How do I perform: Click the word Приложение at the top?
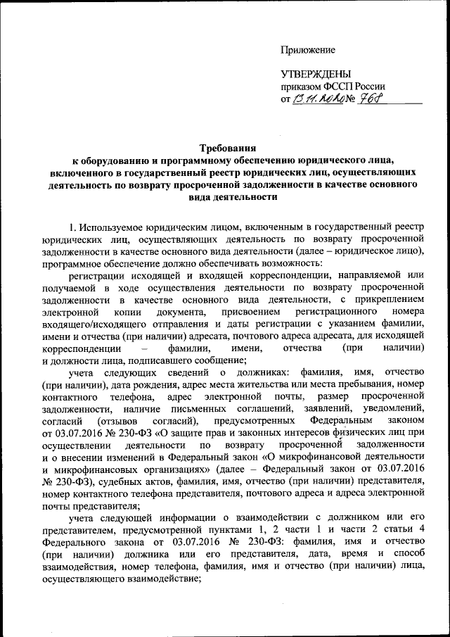tap(308, 49)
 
